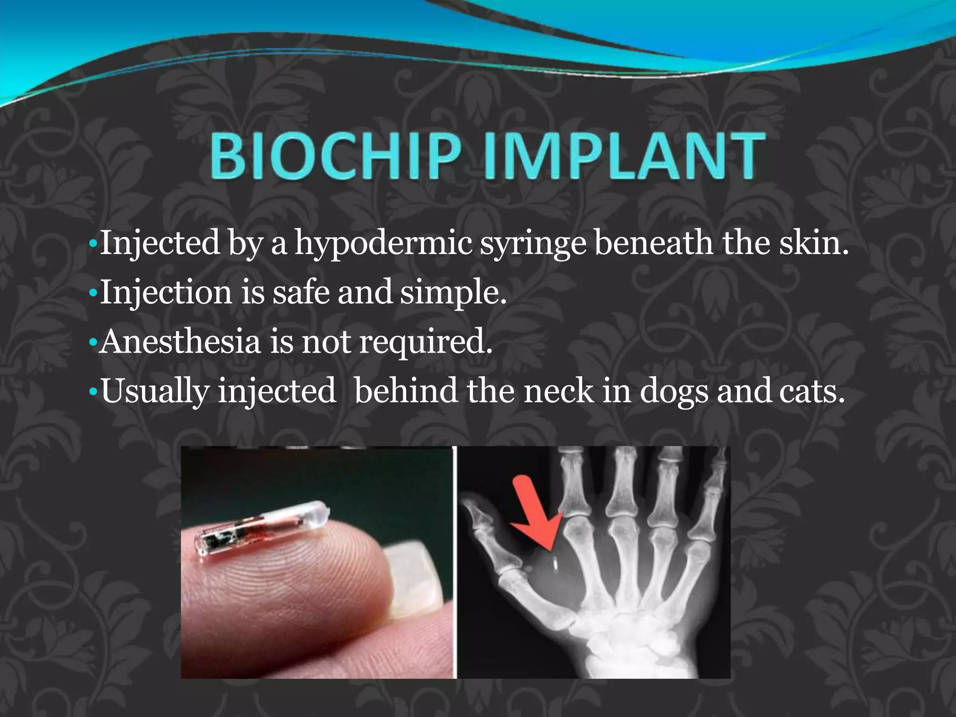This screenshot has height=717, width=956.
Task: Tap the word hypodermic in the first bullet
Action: pos(383,244)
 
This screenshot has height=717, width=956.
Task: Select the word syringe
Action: pos(533,244)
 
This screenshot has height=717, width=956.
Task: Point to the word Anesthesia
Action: pos(180,342)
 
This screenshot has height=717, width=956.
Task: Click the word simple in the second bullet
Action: pos(452,293)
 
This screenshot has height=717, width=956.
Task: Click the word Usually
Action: pos(155,392)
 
